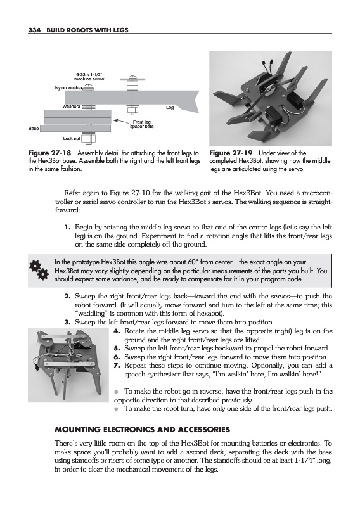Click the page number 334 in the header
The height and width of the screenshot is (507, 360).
tap(34, 30)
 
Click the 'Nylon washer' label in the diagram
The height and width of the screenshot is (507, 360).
tap(68, 87)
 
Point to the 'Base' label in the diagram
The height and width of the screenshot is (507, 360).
tap(34, 129)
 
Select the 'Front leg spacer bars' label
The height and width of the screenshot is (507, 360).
tap(141, 124)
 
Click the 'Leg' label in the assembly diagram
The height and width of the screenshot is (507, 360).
tap(170, 108)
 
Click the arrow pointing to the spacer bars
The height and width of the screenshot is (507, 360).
tap(121, 121)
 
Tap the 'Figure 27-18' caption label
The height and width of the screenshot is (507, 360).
tap(50, 153)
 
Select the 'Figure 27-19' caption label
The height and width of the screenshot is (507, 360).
tap(231, 153)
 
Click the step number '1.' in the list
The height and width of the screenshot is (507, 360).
tap(68, 228)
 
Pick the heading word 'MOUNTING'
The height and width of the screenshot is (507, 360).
tap(76, 430)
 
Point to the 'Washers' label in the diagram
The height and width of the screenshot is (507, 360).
tap(71, 106)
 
